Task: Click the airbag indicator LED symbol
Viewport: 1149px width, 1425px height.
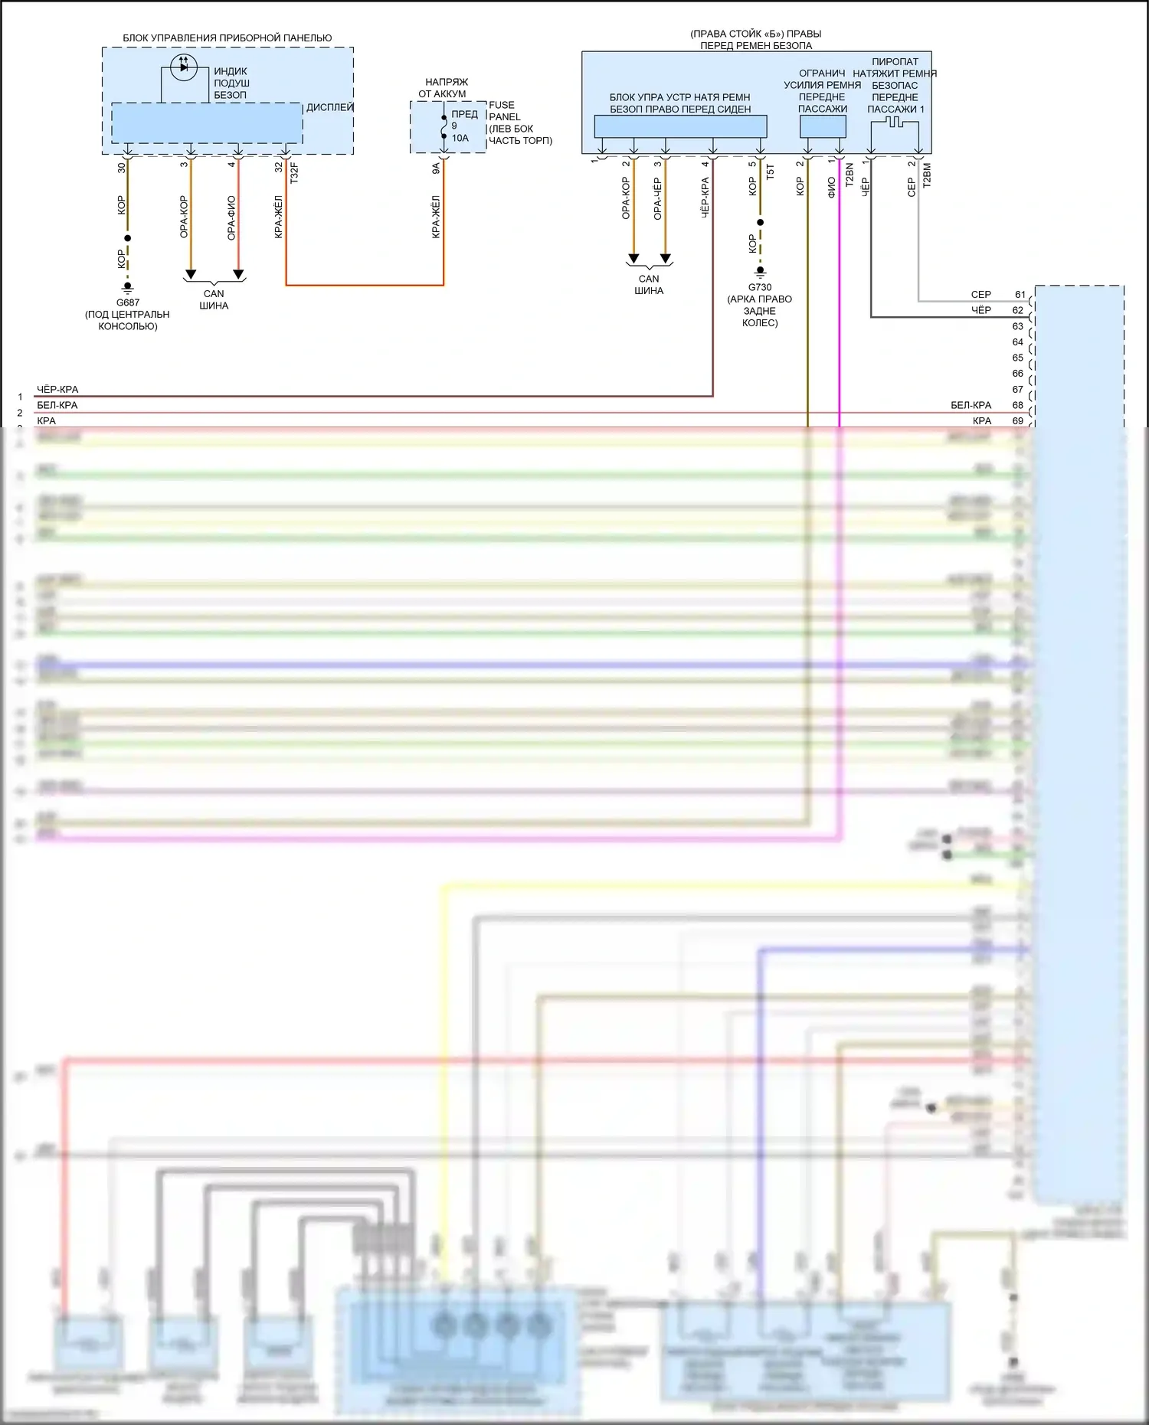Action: point(183,67)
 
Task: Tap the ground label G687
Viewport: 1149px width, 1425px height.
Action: point(128,302)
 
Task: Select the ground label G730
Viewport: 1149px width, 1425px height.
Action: point(760,287)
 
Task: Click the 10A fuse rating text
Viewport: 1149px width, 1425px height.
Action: point(460,138)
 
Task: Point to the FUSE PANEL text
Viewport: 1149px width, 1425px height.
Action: point(503,111)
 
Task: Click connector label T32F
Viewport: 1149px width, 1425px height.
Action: point(294,173)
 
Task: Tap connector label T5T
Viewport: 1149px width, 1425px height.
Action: point(771,172)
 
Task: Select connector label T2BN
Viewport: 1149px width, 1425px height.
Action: point(849,175)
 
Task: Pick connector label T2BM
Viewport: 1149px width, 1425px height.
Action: point(927,175)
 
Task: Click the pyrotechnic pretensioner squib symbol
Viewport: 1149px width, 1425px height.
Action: point(894,123)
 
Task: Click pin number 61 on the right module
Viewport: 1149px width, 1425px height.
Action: point(1020,294)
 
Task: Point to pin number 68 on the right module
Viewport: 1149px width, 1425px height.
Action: point(1018,405)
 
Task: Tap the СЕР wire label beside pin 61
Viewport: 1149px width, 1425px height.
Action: point(980,294)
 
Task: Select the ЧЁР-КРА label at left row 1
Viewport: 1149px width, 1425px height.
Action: point(57,389)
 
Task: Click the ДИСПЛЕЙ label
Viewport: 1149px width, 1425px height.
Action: point(329,107)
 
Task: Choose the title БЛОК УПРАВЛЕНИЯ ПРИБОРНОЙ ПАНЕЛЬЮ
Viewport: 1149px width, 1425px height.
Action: point(228,38)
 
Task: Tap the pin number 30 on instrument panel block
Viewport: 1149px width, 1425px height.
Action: point(121,167)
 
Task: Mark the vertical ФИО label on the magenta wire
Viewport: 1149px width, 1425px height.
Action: point(831,188)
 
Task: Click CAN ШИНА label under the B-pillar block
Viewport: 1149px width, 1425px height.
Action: point(649,284)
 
